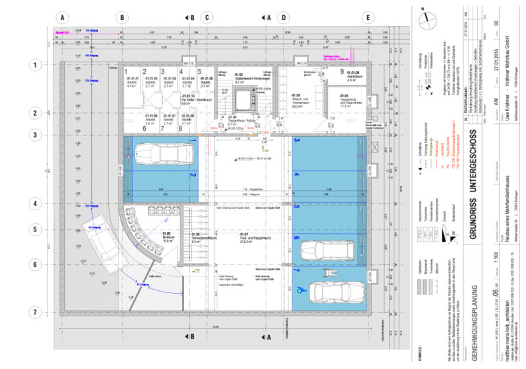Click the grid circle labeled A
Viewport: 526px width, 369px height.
tap(62, 17)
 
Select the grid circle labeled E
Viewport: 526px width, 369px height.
tap(368, 17)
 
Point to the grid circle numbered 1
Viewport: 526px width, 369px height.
tap(34, 66)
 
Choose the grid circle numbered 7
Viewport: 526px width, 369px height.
tap(34, 312)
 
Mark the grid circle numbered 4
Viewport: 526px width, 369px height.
tap(34, 203)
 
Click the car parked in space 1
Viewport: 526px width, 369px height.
tap(158, 152)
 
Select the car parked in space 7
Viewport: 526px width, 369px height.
tap(331, 290)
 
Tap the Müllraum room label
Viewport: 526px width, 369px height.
tap(148, 238)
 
